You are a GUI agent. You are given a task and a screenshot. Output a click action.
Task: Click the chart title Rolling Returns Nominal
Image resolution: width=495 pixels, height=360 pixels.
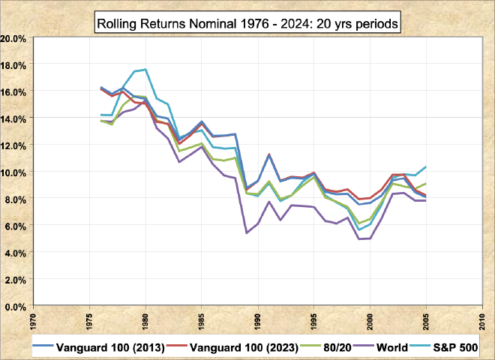(247, 23)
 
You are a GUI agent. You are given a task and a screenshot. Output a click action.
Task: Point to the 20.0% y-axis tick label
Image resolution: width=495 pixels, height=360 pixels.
(15, 37)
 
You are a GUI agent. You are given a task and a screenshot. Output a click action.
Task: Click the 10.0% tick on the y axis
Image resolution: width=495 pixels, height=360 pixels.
(15, 172)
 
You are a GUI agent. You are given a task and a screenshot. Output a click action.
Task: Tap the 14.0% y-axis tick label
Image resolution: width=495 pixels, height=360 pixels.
(15, 118)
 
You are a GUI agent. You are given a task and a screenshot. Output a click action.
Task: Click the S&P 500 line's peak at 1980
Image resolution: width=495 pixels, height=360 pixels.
(145, 70)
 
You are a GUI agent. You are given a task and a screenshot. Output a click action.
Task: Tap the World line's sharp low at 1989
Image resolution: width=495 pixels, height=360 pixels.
(247, 232)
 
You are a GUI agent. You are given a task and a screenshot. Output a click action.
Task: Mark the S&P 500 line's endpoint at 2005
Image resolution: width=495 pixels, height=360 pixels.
(427, 166)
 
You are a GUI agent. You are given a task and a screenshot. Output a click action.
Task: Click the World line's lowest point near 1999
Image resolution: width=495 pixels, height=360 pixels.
(359, 239)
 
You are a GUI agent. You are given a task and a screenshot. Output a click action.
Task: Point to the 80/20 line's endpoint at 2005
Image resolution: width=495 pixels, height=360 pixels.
(427, 184)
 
